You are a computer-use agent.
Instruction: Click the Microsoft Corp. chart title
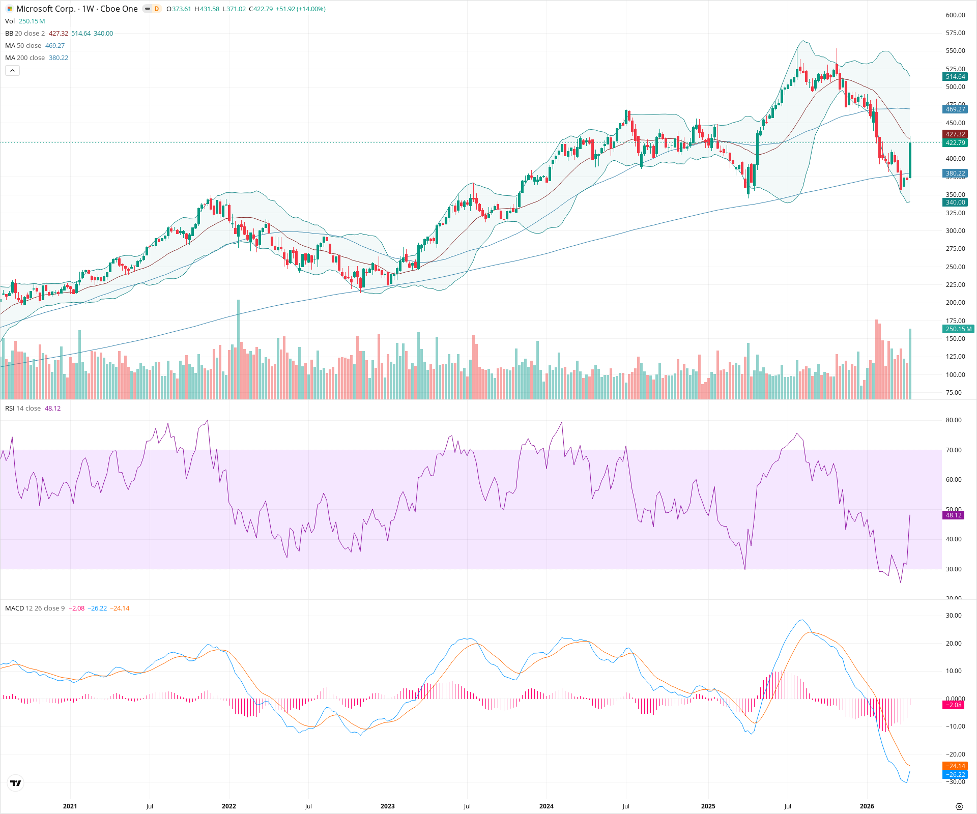76,9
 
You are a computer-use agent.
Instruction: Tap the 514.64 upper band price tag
955,77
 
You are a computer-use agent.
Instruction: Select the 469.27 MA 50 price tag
955,109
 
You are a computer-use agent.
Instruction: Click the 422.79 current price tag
955,143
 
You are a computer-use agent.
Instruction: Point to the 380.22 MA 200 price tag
955,173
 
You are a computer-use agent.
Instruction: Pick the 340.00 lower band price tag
955,202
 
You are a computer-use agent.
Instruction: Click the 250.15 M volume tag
958,329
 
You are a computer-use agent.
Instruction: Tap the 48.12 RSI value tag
953,515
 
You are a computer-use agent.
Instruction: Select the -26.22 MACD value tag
955,775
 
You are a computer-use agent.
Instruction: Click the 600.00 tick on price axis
955,15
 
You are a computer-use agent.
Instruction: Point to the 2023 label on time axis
387,806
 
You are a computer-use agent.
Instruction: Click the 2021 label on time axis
70,806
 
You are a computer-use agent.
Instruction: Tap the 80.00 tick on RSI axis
953,420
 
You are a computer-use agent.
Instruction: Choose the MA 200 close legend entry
25,58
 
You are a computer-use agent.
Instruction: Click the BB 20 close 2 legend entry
25,34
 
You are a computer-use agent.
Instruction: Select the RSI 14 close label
23,409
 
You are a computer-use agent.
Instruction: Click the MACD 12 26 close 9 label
35,608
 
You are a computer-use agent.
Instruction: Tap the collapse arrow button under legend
12,71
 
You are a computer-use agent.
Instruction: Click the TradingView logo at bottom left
16,783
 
